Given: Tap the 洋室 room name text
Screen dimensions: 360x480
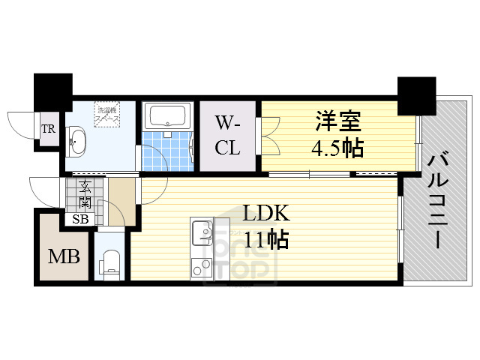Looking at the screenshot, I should coord(337,120).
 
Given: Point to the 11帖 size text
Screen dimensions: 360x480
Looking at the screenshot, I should coord(265,240).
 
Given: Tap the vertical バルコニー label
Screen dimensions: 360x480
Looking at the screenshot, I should coord(438,198).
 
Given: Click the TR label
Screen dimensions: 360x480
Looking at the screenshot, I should coord(49,129).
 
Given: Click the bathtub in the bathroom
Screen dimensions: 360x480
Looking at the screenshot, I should coord(168,117).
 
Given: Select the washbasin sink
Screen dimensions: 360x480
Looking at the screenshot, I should coord(76,139).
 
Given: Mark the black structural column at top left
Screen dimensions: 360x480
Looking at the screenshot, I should coord(52,91).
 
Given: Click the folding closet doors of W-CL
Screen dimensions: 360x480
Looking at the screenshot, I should coord(266,135).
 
